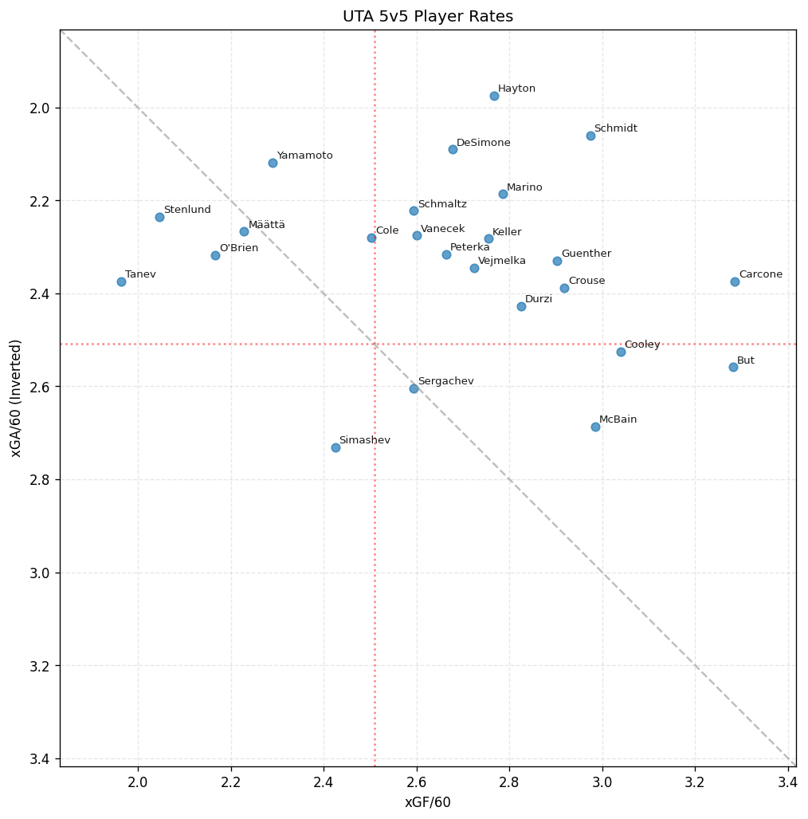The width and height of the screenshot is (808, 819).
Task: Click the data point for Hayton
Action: (494, 96)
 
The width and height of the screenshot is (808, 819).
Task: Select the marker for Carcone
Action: (735, 282)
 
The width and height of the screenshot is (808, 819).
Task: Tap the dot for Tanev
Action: (121, 282)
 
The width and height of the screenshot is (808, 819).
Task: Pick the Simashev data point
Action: (335, 447)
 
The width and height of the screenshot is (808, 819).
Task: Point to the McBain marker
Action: (595, 427)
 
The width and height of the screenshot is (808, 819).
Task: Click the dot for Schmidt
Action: (590, 136)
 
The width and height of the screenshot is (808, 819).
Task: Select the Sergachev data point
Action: (414, 388)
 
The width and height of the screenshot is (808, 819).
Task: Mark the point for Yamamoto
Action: (273, 163)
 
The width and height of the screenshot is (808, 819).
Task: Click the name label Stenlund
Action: (187, 210)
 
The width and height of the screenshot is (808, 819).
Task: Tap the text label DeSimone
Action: (484, 143)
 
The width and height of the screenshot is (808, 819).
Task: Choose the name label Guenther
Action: (586, 254)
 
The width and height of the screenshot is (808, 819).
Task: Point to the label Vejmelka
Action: (502, 261)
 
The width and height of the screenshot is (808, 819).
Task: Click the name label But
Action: (746, 360)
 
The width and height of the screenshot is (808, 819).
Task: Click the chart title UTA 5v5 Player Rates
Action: (428, 17)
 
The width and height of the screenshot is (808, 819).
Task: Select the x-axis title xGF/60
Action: (428, 802)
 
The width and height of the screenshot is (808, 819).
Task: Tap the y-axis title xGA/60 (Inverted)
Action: (16, 398)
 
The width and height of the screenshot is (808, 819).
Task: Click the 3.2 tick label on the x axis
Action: (695, 782)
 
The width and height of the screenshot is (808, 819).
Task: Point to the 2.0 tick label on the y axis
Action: (41, 108)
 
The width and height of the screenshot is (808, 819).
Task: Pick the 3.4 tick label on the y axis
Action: (41, 758)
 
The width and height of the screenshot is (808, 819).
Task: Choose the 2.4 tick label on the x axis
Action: (324, 782)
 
